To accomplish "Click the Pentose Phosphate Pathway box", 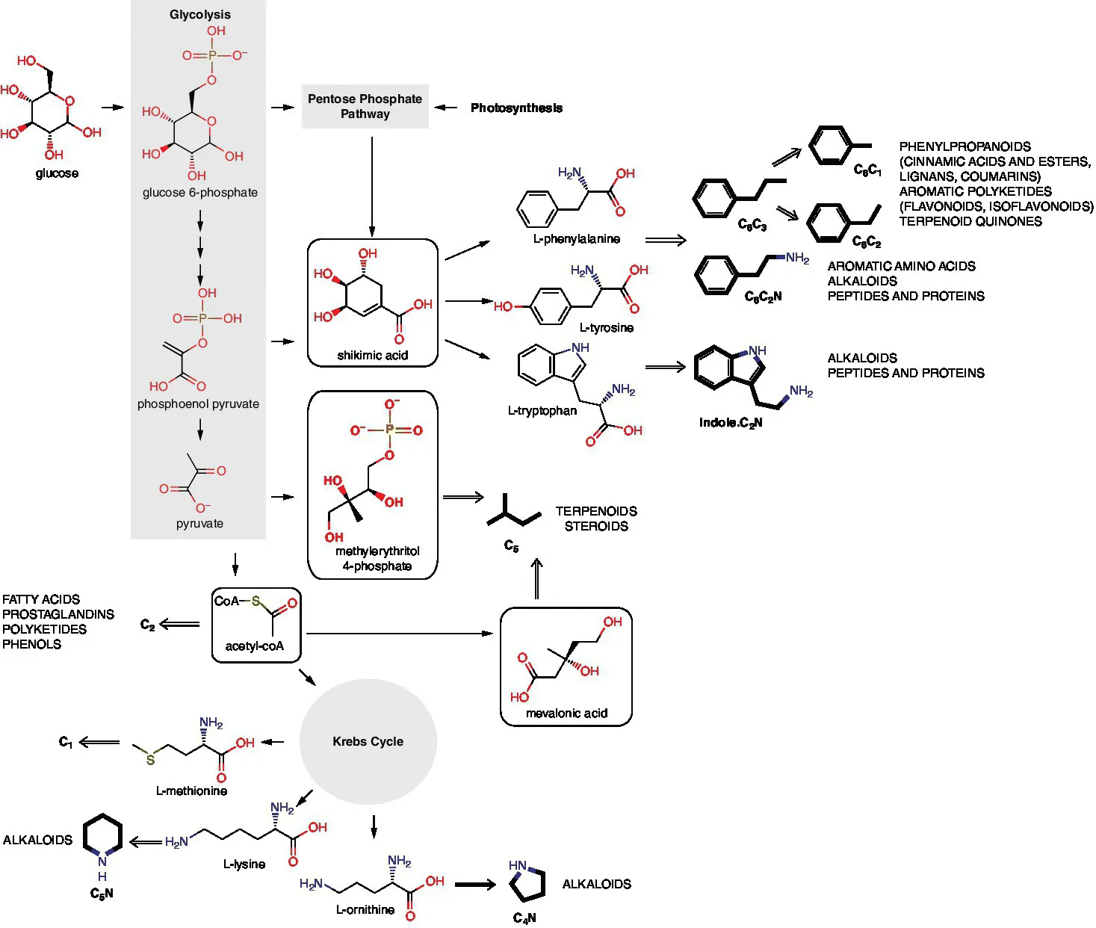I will [365, 106].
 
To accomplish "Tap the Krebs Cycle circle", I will [368, 741].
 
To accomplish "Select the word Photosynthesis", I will [516, 108].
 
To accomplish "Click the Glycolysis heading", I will [199, 14].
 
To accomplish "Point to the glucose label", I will [57, 173].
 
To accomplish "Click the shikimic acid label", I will [372, 355].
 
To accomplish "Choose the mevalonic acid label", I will [566, 713].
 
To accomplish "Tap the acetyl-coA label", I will [254, 646].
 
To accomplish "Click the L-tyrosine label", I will [606, 327].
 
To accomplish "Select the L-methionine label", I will [191, 791].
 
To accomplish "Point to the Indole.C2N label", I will [730, 423].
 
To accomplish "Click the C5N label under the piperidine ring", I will [102, 893].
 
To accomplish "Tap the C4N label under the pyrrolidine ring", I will [524, 918].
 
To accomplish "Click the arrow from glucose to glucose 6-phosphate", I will [112, 108].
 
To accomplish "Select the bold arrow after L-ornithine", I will [475, 885].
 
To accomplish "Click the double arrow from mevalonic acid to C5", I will [536, 579].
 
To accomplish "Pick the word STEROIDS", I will [595, 526].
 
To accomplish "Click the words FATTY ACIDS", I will [41, 599].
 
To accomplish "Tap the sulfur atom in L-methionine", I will [150, 760].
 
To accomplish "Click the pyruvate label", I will [199, 523].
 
